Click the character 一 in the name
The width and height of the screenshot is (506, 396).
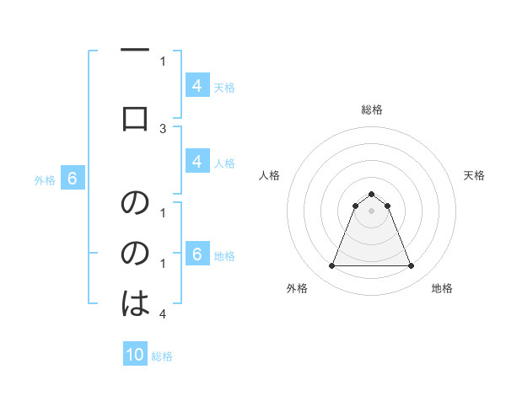(x=135, y=51)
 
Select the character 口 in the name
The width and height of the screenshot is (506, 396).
(x=135, y=118)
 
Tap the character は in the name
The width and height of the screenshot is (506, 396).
(x=135, y=303)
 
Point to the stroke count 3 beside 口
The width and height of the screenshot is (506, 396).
(x=163, y=128)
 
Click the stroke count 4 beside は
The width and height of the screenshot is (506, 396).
(x=163, y=314)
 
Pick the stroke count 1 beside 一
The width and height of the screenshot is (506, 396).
(x=163, y=61)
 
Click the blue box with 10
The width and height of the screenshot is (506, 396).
(x=135, y=355)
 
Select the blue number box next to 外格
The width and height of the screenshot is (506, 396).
(x=73, y=179)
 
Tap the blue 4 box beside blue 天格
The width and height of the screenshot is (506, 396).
(x=196, y=85)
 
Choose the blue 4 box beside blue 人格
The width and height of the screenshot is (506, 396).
(x=196, y=162)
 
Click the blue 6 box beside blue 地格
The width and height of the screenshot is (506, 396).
(x=196, y=254)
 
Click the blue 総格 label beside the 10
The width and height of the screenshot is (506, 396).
(x=162, y=356)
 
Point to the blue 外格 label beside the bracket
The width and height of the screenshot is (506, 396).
(x=44, y=179)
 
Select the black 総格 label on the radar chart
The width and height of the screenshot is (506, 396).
(x=371, y=110)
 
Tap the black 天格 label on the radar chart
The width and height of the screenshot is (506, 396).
(x=475, y=175)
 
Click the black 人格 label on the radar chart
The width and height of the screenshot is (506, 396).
(x=269, y=175)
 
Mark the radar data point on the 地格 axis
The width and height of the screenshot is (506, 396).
(x=411, y=266)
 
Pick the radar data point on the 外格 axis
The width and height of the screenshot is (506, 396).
(x=331, y=266)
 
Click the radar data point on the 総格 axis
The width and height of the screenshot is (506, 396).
(x=371, y=194)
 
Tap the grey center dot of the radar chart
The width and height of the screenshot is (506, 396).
(x=371, y=211)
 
